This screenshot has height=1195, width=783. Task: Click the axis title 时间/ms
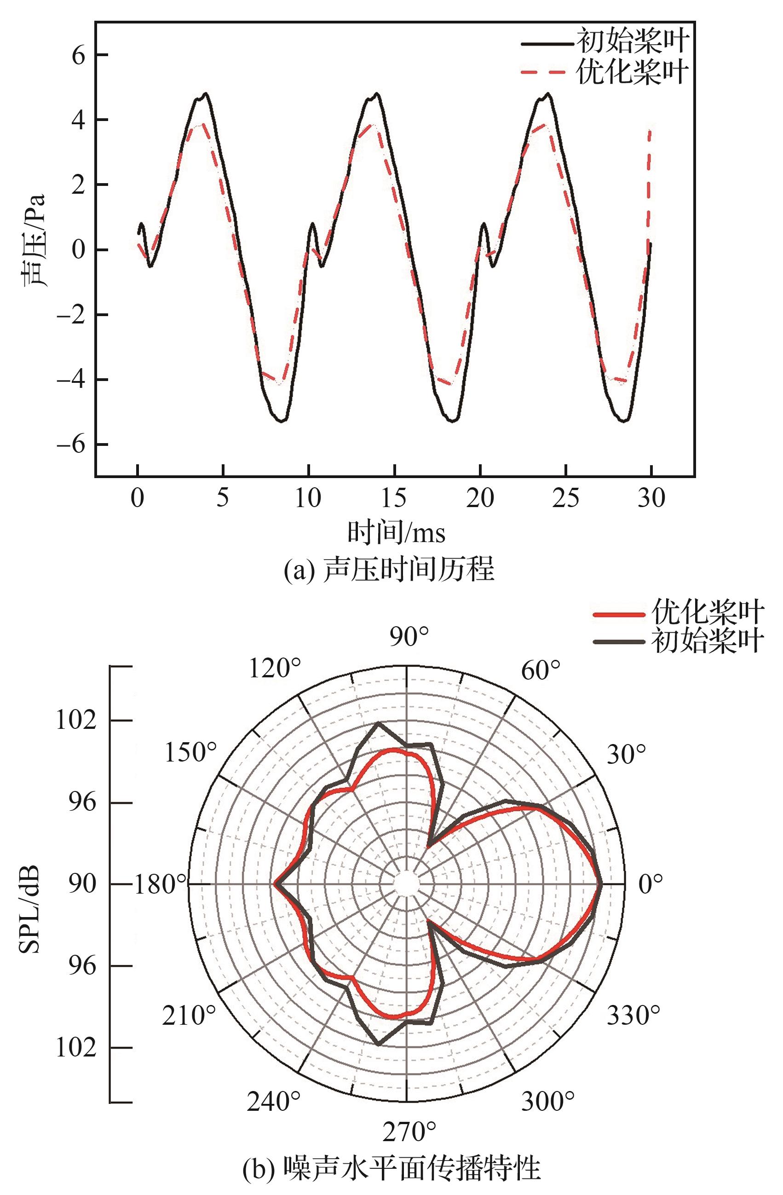(x=396, y=532)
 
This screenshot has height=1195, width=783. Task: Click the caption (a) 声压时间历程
(x=389, y=570)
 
